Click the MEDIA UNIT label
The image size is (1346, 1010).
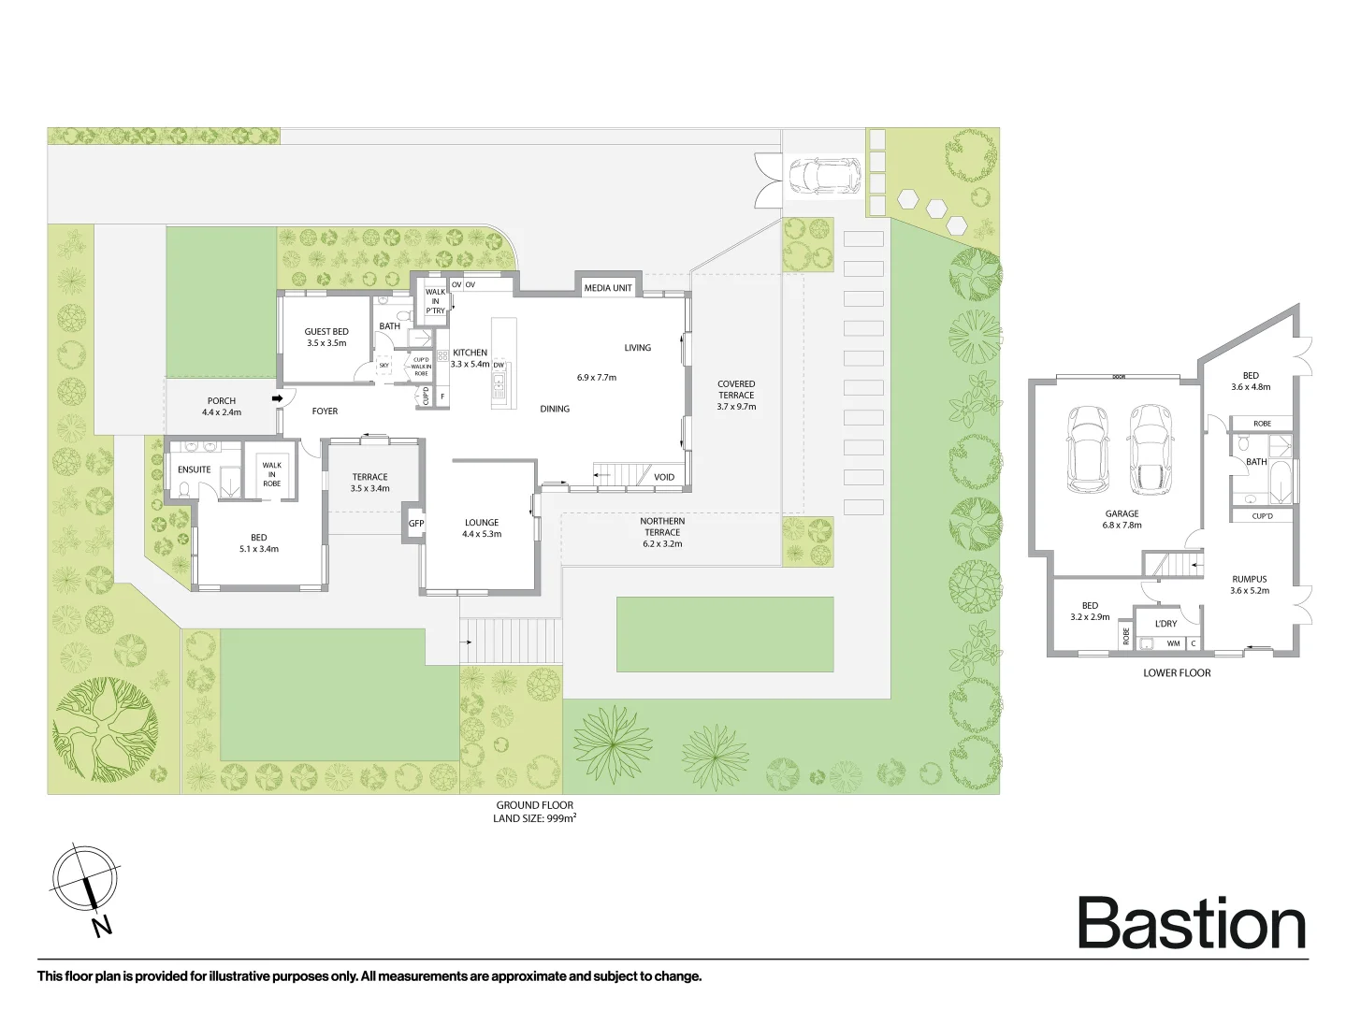click(607, 287)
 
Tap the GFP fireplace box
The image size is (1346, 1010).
click(415, 523)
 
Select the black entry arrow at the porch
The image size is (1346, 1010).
click(277, 398)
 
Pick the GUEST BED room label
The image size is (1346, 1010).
click(326, 332)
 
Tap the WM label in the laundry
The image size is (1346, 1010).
click(1173, 643)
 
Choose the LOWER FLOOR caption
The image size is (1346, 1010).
click(1177, 672)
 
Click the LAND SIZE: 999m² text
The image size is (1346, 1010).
click(535, 818)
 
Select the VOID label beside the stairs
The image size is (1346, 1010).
click(664, 477)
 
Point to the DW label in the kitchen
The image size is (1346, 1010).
click(499, 366)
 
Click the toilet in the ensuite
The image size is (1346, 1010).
click(184, 488)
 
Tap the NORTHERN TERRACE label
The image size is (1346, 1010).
click(662, 527)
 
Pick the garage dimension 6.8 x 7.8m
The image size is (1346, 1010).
click(1122, 526)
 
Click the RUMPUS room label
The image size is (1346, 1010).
click(1249, 579)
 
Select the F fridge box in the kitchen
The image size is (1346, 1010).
click(442, 397)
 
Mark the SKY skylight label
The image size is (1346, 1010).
click(384, 366)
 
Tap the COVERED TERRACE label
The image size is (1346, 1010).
click(736, 389)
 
